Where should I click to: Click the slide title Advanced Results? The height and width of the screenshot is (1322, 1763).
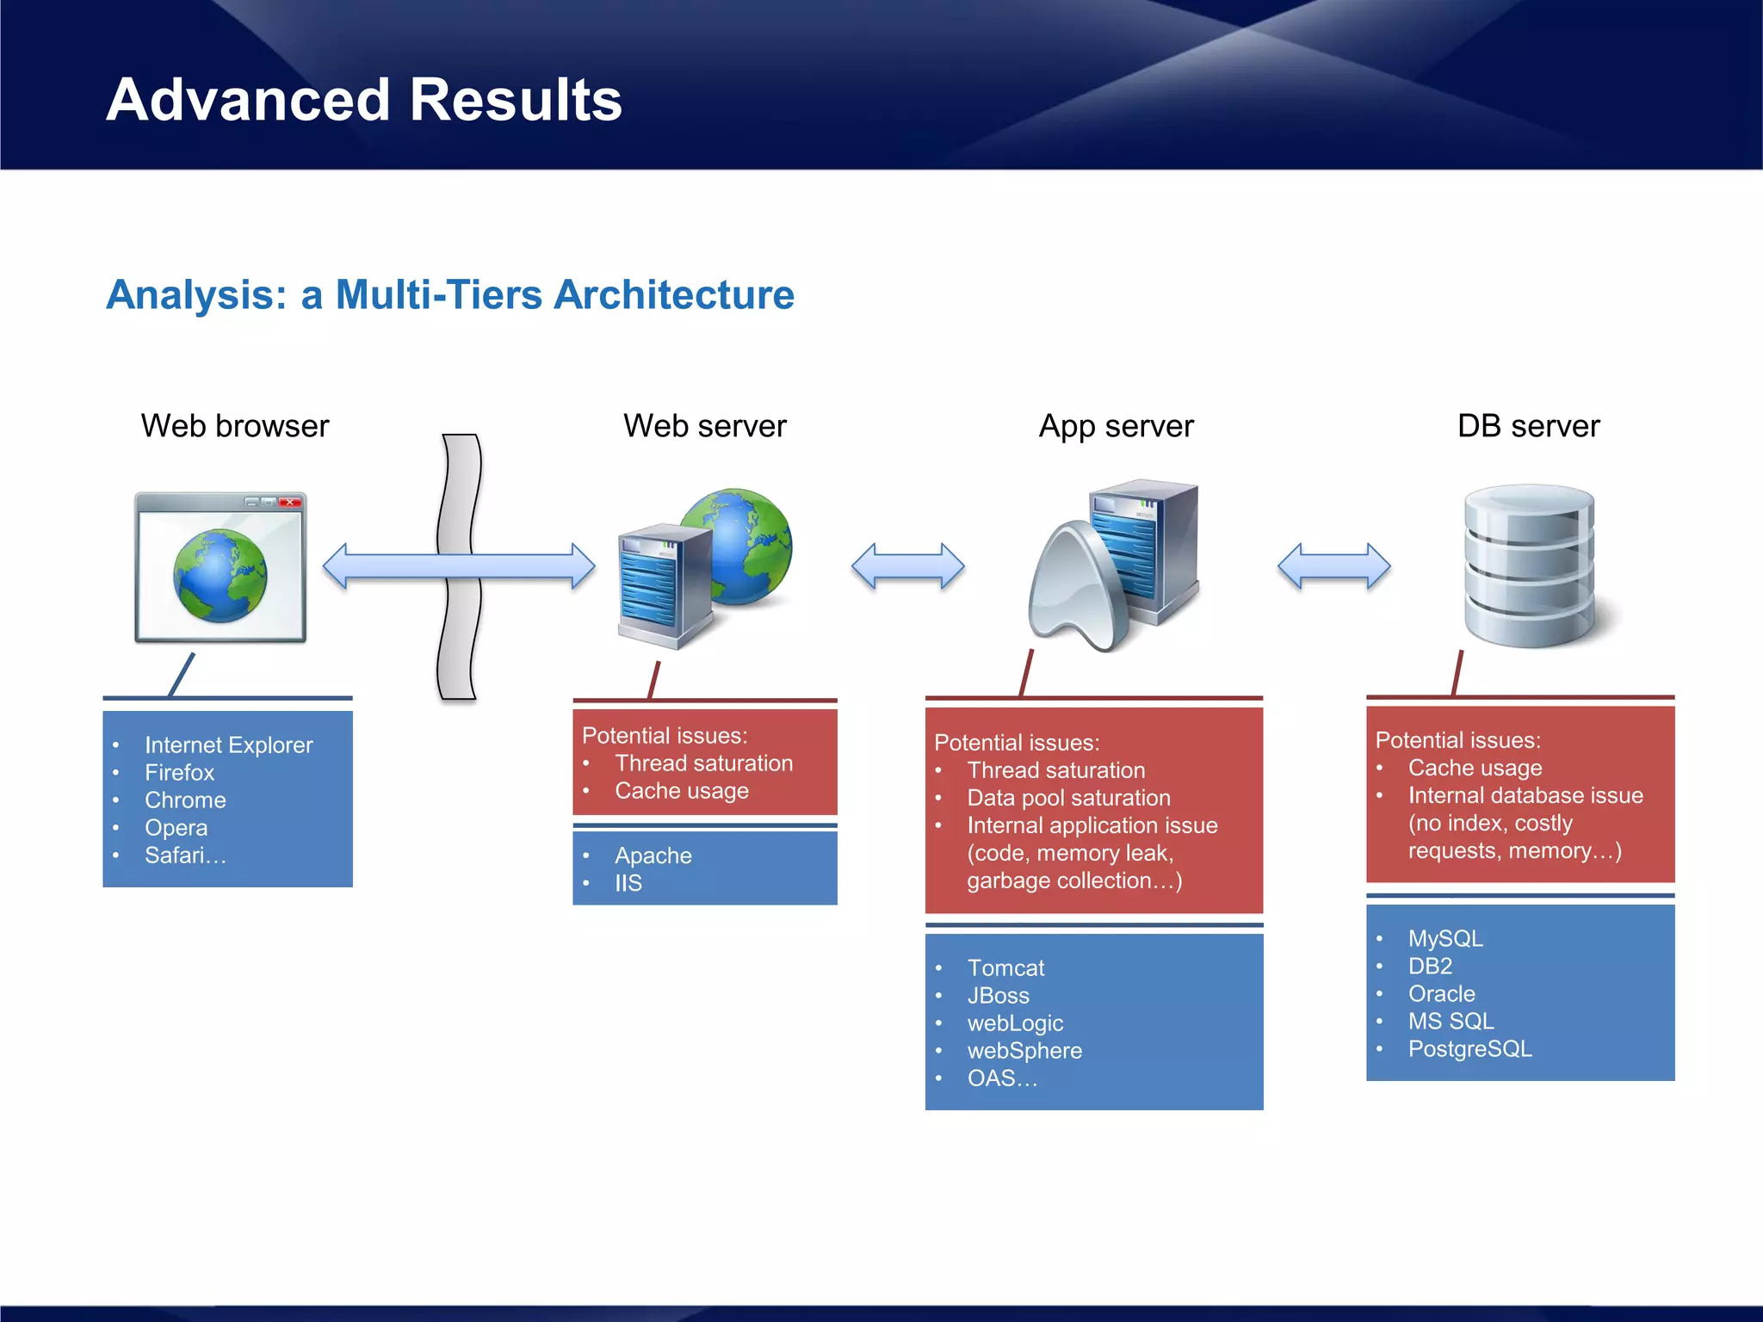(363, 100)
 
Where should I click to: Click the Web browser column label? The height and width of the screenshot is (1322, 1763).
(235, 426)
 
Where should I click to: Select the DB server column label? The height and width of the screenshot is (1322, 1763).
(1528, 426)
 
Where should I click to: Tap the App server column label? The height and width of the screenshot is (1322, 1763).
(1116, 426)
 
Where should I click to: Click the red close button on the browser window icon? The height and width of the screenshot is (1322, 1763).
(291, 502)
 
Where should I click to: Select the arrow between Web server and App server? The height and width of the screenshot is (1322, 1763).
(908, 566)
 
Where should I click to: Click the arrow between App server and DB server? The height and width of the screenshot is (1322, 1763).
(1333, 566)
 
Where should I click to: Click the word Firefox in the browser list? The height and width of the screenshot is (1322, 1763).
(179, 772)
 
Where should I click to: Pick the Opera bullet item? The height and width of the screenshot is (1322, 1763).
(176, 827)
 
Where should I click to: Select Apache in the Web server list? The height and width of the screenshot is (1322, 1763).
(653, 856)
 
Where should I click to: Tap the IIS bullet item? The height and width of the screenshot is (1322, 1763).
(628, 883)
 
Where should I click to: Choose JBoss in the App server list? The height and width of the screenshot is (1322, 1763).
(998, 995)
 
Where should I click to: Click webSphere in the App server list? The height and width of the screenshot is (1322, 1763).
(1024, 1050)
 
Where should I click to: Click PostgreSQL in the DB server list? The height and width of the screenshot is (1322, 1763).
(1469, 1048)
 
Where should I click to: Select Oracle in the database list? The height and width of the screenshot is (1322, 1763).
(1441, 993)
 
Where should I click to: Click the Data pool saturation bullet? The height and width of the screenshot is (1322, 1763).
(1068, 798)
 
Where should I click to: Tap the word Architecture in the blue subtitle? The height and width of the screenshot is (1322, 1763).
(673, 295)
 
